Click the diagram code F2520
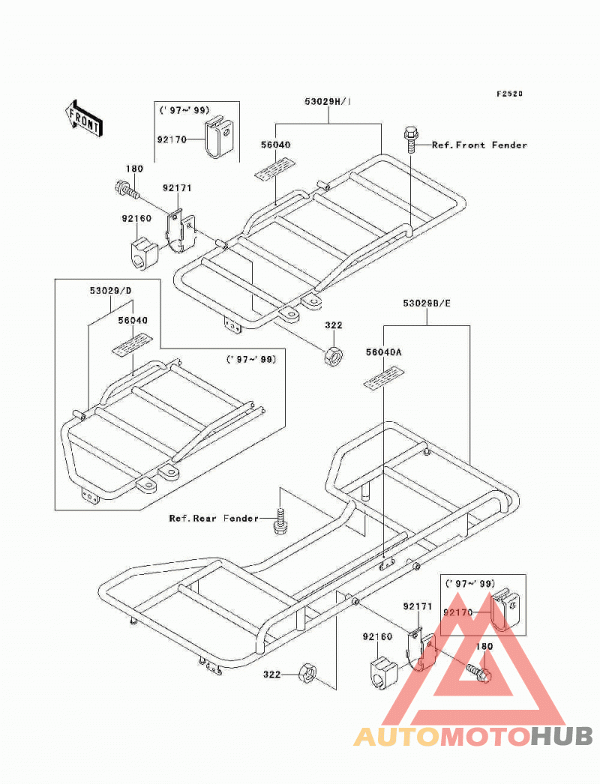[509, 94]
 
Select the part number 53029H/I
[328, 101]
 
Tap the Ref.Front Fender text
[479, 145]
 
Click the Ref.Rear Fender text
[214, 518]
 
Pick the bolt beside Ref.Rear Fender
[280, 522]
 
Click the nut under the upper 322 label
[332, 355]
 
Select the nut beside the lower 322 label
[307, 673]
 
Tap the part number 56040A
[384, 352]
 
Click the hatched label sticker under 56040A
[383, 378]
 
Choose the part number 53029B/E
[427, 303]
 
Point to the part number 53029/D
[110, 291]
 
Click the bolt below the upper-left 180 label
[126, 190]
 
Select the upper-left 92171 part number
[177, 188]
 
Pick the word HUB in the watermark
[561, 737]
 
